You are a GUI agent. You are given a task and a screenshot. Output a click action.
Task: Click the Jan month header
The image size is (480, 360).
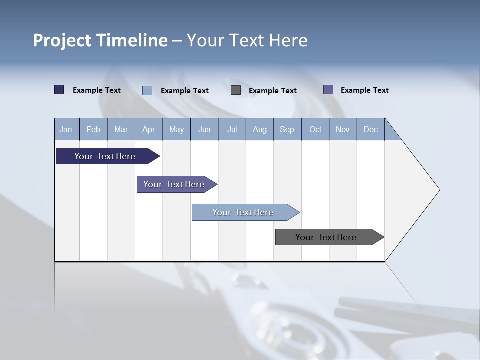click(x=66, y=129)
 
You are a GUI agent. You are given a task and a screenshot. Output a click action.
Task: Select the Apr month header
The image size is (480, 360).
click(x=149, y=129)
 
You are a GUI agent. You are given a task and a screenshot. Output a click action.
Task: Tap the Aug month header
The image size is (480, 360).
click(x=260, y=129)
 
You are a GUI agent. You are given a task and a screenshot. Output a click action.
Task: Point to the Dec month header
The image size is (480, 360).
click(x=370, y=129)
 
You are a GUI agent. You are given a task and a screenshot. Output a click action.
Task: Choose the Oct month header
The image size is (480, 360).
click(x=315, y=129)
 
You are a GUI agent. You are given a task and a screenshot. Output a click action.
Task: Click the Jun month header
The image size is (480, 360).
click(x=204, y=129)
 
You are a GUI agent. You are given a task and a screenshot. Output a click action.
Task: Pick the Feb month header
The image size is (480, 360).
click(x=93, y=129)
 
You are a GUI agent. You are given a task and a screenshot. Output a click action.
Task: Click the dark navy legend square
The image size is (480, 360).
click(x=59, y=90)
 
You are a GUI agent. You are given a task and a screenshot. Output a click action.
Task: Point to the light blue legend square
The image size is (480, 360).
click(x=147, y=90)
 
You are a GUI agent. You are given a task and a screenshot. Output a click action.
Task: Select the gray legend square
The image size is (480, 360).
click(x=236, y=90)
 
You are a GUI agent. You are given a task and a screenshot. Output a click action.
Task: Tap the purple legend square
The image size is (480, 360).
click(x=328, y=90)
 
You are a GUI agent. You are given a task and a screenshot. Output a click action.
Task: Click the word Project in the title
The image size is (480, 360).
click(x=62, y=40)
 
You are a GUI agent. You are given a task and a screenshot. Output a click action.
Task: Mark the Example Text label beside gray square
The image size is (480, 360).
click(x=273, y=90)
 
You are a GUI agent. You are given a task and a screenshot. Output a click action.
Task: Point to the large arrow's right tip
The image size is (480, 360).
click(x=438, y=190)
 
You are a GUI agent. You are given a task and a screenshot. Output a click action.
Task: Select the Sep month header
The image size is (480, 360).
click(x=287, y=129)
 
